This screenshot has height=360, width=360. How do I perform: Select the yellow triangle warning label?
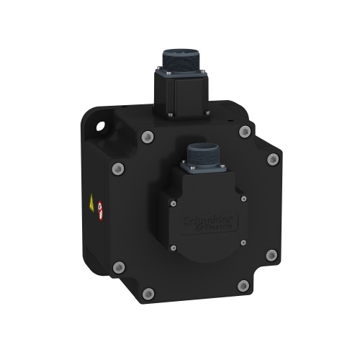tap(91, 203)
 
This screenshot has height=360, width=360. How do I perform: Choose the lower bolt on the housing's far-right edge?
tap(271, 255)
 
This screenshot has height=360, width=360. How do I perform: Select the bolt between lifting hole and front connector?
tap(148, 136)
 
